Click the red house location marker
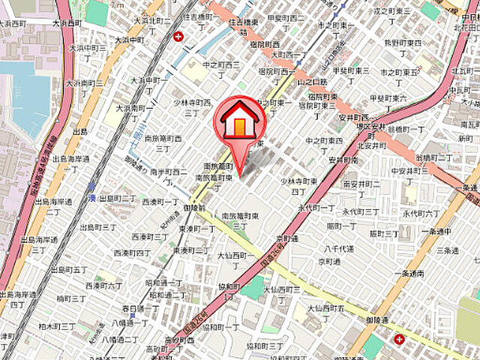coord(237,120)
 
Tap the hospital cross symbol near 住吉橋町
coord(178,37)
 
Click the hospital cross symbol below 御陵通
coord(398,339)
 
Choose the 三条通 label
coord(446,250)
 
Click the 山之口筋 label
coord(312,81)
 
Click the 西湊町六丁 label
coord(103,286)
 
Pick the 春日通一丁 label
coord(139,308)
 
